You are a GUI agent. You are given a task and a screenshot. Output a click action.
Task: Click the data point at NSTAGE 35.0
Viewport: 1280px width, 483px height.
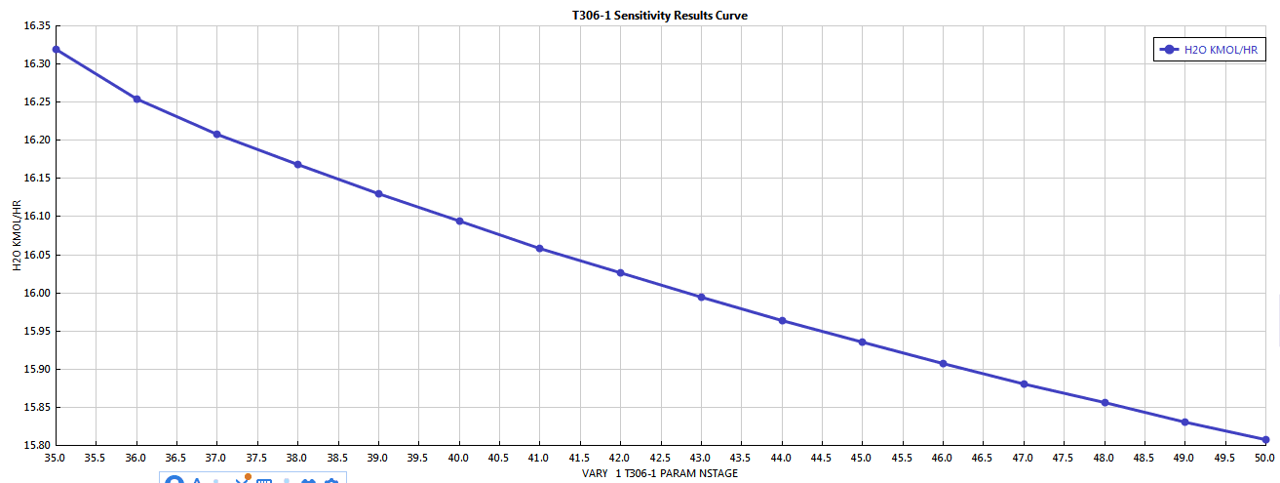click(x=56, y=49)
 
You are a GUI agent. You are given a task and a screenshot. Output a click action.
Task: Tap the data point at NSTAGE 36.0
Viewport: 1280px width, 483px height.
click(x=136, y=99)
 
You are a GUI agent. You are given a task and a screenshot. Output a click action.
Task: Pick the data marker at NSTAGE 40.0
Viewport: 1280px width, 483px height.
click(x=459, y=221)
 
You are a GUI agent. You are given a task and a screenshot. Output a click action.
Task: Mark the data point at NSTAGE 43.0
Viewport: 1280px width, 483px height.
click(x=701, y=297)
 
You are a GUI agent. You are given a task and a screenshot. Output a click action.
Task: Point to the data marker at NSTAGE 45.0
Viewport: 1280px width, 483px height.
click(x=862, y=342)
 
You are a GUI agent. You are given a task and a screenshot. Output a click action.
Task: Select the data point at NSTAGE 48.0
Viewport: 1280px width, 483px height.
click(x=1105, y=402)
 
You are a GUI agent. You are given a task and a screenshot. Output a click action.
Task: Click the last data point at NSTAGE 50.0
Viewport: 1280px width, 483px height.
click(x=1265, y=439)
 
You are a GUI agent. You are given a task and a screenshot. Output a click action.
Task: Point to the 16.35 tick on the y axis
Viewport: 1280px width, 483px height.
click(x=36, y=26)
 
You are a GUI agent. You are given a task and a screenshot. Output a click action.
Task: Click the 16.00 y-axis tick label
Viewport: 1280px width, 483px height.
click(x=36, y=293)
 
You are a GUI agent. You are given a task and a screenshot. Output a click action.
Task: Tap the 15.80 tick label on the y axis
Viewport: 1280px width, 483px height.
click(x=36, y=445)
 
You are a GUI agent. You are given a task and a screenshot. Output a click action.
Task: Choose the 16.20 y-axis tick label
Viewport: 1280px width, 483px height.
click(x=36, y=141)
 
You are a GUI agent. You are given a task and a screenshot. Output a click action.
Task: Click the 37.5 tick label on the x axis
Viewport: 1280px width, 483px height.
click(x=257, y=457)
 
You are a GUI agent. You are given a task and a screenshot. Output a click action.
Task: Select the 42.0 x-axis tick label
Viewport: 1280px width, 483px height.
click(x=620, y=457)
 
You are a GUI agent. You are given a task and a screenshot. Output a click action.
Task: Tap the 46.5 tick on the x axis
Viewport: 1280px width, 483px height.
click(x=983, y=457)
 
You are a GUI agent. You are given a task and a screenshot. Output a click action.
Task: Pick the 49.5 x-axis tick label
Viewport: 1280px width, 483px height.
click(x=1224, y=457)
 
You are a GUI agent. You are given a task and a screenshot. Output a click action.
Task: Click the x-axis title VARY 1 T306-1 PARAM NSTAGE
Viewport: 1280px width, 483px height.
click(x=660, y=473)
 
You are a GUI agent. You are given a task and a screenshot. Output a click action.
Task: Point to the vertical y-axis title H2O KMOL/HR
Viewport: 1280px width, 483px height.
click(x=17, y=235)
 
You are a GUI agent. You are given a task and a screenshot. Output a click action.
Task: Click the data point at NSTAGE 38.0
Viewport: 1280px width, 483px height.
click(x=297, y=164)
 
